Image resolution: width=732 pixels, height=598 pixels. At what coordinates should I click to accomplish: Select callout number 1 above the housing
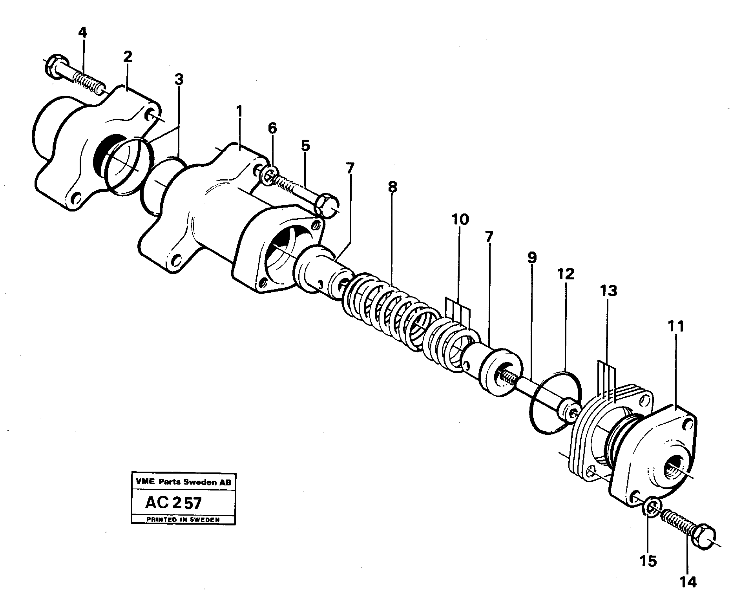tap(239, 113)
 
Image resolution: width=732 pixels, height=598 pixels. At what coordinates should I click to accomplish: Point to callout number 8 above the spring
tap(392, 187)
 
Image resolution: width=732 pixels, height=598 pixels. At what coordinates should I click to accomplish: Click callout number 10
tap(460, 219)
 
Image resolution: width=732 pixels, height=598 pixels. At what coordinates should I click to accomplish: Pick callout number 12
tap(566, 273)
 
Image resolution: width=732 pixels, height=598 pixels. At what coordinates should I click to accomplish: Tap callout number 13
tap(608, 291)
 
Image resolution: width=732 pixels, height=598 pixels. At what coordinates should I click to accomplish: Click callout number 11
tap(675, 326)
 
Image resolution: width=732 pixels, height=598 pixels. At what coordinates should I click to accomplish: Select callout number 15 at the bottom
tap(648, 562)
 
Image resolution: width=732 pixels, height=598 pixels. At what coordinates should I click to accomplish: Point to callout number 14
tap(688, 582)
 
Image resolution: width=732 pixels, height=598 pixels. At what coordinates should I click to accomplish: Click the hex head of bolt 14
tap(704, 536)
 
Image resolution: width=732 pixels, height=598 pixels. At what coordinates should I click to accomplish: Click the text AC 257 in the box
tap(173, 503)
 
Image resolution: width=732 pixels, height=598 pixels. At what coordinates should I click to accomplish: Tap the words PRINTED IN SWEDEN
tap(183, 520)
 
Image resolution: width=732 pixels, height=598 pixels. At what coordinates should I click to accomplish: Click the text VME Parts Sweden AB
tap(183, 482)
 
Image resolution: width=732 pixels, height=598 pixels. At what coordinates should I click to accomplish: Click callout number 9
tap(531, 258)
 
